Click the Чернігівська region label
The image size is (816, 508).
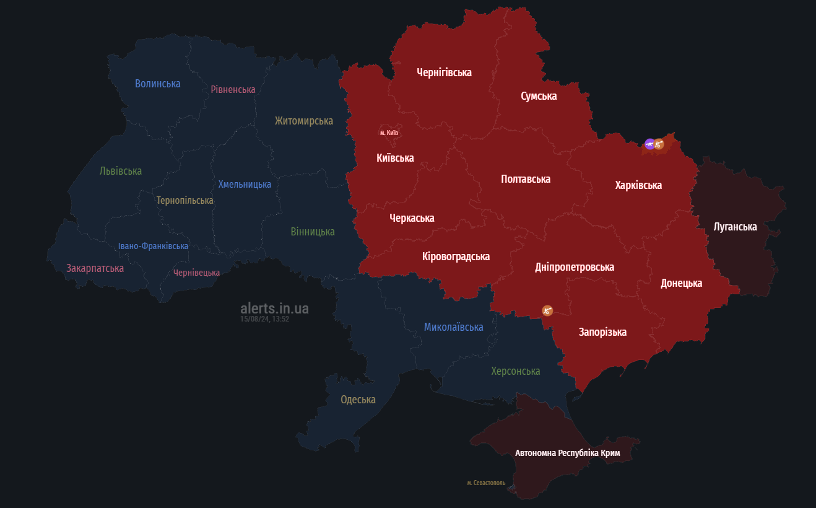444,72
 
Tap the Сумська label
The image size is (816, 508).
539,96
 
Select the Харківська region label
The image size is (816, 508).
638,185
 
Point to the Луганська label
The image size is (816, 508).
735,227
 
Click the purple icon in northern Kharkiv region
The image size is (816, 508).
649,144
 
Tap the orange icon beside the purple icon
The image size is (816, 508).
659,144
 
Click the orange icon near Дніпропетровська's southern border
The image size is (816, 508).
547,310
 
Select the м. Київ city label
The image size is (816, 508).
389,133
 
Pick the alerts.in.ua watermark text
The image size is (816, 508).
274,308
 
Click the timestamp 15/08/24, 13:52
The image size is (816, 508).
265,319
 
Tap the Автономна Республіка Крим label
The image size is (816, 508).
567,453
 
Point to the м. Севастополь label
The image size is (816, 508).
486,483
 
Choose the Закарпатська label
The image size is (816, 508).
95,268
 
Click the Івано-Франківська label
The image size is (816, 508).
153,246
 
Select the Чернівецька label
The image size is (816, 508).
196,273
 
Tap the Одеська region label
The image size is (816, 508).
358,400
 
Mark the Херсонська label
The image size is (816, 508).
515,371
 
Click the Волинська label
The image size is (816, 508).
157,84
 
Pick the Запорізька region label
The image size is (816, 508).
602,332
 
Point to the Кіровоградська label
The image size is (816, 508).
456,256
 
